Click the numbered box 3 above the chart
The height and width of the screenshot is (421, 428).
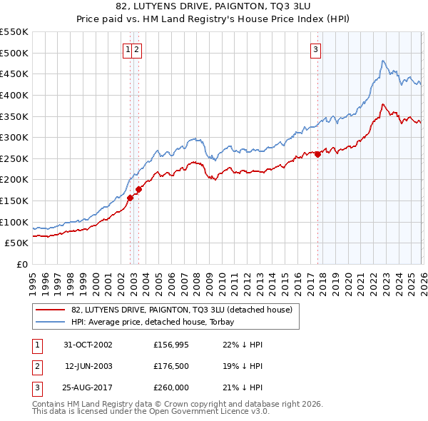315,49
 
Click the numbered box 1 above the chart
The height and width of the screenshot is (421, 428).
128,49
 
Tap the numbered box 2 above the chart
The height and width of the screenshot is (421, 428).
136,49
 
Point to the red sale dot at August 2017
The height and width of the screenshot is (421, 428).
317,154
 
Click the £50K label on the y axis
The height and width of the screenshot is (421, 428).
17,243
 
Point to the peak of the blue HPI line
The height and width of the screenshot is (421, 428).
383,61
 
